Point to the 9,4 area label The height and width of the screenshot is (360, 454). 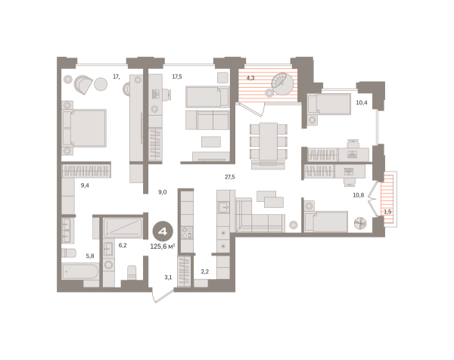pos(85,184)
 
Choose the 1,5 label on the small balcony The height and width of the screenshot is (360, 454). pos(388,212)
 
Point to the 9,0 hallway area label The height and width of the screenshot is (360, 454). pos(162,192)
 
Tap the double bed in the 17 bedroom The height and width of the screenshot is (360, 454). pos(85,127)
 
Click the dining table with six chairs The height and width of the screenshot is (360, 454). pos(269,141)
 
